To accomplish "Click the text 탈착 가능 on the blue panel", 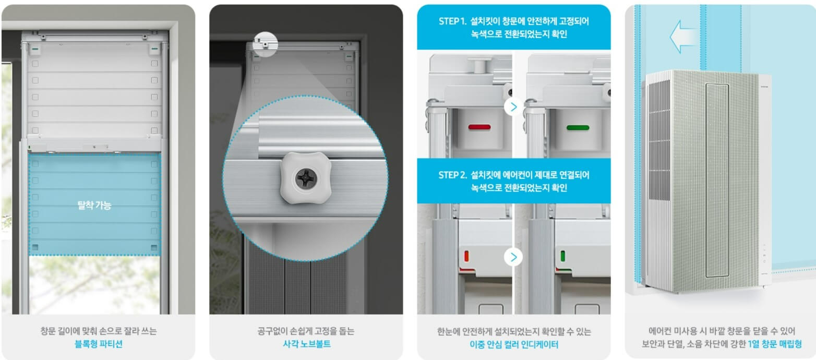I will coord(94,205).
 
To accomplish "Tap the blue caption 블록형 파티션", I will coord(98,344).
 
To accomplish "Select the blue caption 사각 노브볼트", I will coord(306,344).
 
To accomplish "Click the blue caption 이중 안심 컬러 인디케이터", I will coord(513,344).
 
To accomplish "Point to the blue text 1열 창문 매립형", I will coord(774,344).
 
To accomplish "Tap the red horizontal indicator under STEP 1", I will coord(479,127).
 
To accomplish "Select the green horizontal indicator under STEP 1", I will coord(578,127).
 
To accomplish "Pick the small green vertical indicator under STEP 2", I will coord(563,256).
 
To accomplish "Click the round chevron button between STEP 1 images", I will coord(513,107).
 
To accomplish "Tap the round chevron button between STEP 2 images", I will coord(513,257).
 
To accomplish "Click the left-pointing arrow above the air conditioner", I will coord(682,38).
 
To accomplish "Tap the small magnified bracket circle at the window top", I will coord(266,43).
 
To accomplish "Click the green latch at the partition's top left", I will coord(35,50).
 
